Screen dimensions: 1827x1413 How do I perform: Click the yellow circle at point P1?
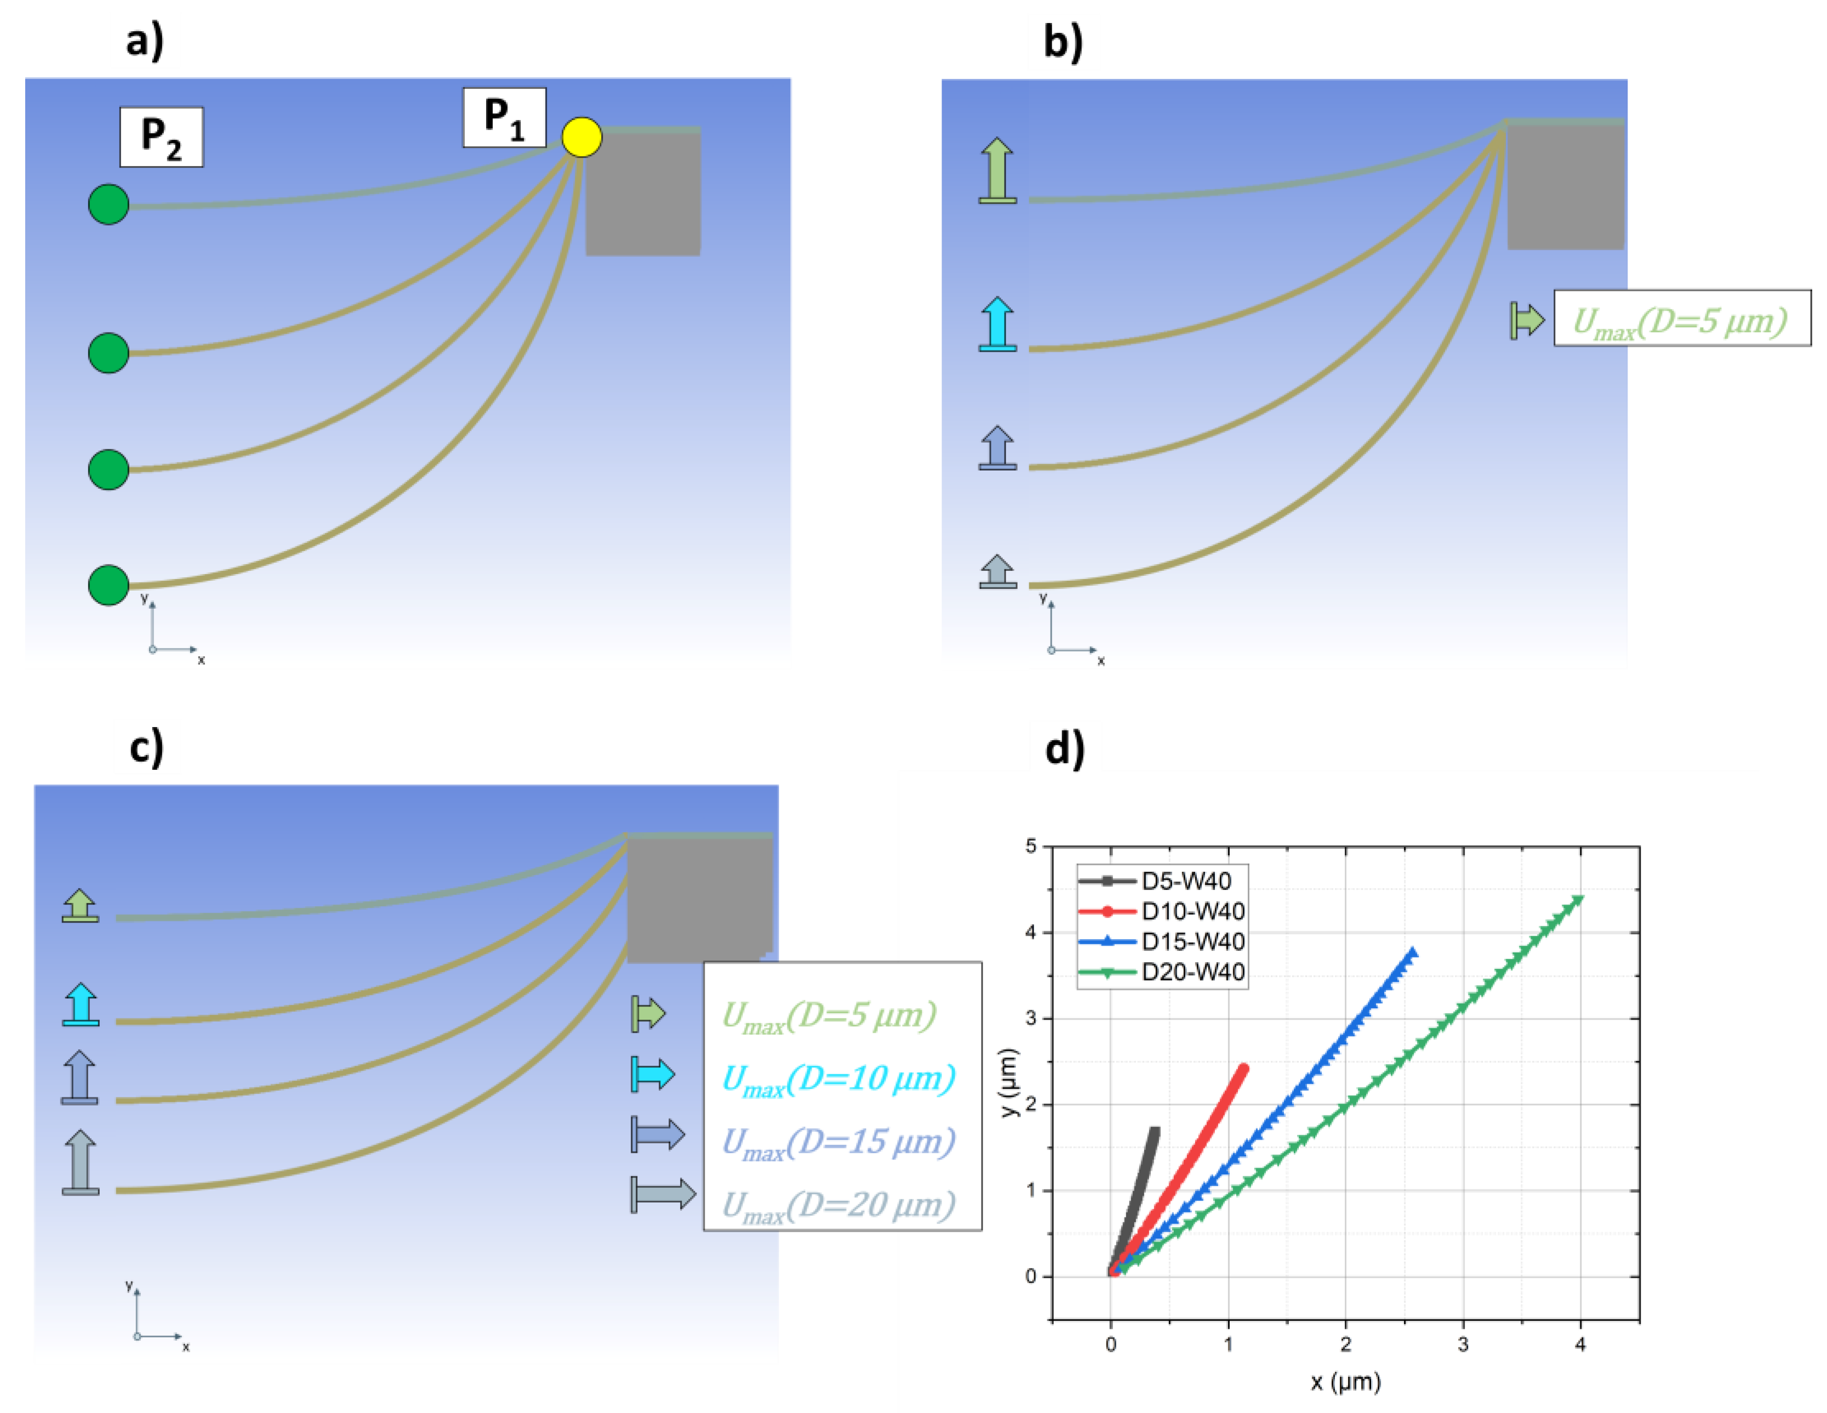(581, 136)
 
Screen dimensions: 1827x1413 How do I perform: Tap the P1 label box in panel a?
(505, 117)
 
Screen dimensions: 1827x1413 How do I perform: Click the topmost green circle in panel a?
(109, 204)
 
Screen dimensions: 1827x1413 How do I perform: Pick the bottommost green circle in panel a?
(109, 585)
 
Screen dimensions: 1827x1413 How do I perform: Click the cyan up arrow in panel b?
(997, 324)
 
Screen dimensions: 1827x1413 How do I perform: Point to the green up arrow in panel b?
(997, 170)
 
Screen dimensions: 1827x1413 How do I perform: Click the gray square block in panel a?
(642, 192)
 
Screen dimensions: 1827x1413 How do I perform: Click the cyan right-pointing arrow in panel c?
(653, 1074)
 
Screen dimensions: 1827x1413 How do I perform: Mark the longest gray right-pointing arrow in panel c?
(663, 1194)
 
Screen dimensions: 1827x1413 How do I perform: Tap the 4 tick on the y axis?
(1031, 932)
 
